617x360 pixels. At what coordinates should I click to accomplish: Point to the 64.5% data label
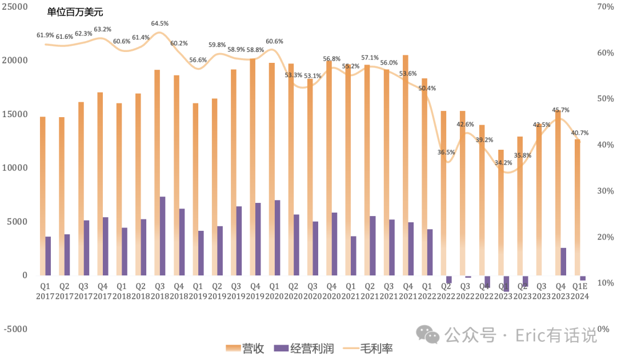[159, 23]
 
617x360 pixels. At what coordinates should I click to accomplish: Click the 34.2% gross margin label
[503, 163]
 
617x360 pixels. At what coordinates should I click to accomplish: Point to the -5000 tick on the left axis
[15, 329]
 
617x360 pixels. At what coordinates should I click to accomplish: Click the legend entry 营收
[245, 348]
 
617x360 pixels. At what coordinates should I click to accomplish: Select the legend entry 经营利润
[304, 348]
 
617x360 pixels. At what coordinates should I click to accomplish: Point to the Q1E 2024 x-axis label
[580, 291]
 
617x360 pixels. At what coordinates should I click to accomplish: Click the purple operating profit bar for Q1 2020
[277, 237]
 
